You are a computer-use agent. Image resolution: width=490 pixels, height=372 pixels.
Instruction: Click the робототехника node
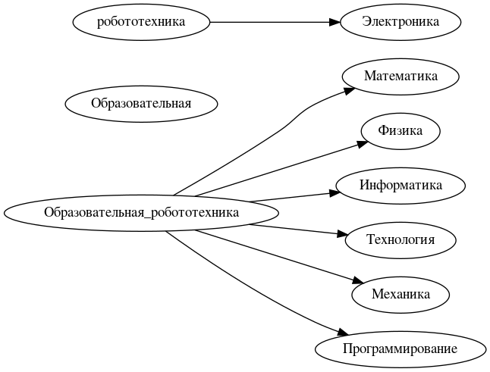tap(141, 22)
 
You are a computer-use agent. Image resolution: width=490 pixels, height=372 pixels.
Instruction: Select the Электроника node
tap(400, 22)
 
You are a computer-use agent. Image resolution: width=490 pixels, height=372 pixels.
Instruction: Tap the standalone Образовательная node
tap(141, 103)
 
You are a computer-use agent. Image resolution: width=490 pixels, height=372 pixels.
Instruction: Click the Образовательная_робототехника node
tap(141, 213)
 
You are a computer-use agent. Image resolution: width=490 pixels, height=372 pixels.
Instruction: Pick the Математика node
tap(400, 77)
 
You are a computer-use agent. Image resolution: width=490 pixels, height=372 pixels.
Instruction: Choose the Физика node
tap(400, 131)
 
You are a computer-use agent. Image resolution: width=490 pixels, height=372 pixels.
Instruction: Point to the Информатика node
tap(400, 186)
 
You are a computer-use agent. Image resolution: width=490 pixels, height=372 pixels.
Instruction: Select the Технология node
tap(400, 240)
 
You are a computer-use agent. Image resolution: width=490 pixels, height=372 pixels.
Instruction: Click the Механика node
tap(400, 295)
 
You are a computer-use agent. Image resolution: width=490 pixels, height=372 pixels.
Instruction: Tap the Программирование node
tap(400, 349)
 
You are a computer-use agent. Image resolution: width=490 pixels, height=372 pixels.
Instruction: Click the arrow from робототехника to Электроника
tap(273, 22)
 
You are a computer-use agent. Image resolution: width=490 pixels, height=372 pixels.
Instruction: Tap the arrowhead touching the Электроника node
tap(334, 22)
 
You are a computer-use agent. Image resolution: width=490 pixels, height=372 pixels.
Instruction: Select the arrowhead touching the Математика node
tap(350, 90)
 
